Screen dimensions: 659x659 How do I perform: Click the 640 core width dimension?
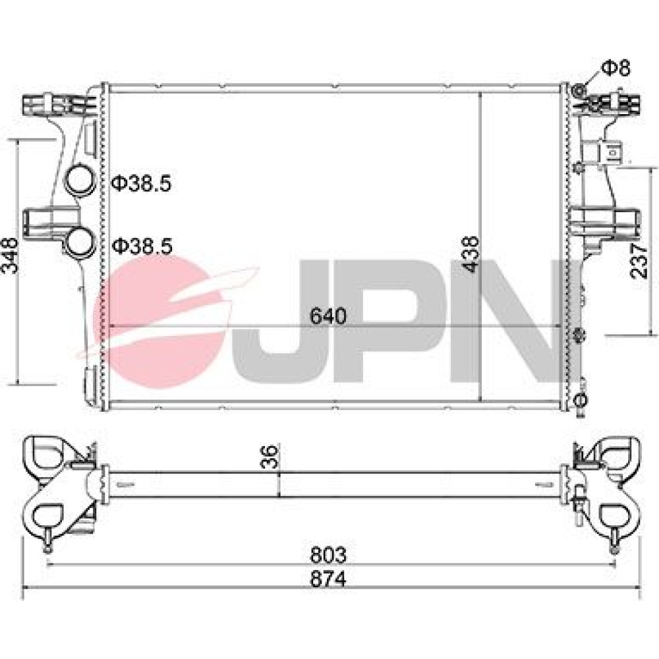pos(328,316)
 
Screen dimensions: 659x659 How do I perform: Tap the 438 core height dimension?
pos(470,254)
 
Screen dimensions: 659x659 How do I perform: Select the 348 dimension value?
pos(9,256)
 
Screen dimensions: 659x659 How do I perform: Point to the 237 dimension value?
pos(639,261)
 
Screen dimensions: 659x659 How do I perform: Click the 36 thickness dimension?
pos(270,456)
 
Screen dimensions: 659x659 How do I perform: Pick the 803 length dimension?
pos(328,555)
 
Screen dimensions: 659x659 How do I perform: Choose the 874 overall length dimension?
pos(328,579)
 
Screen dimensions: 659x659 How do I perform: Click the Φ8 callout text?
pos(616,68)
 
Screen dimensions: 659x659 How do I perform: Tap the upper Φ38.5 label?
pos(142,184)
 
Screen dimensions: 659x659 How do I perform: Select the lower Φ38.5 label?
pos(142,246)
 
